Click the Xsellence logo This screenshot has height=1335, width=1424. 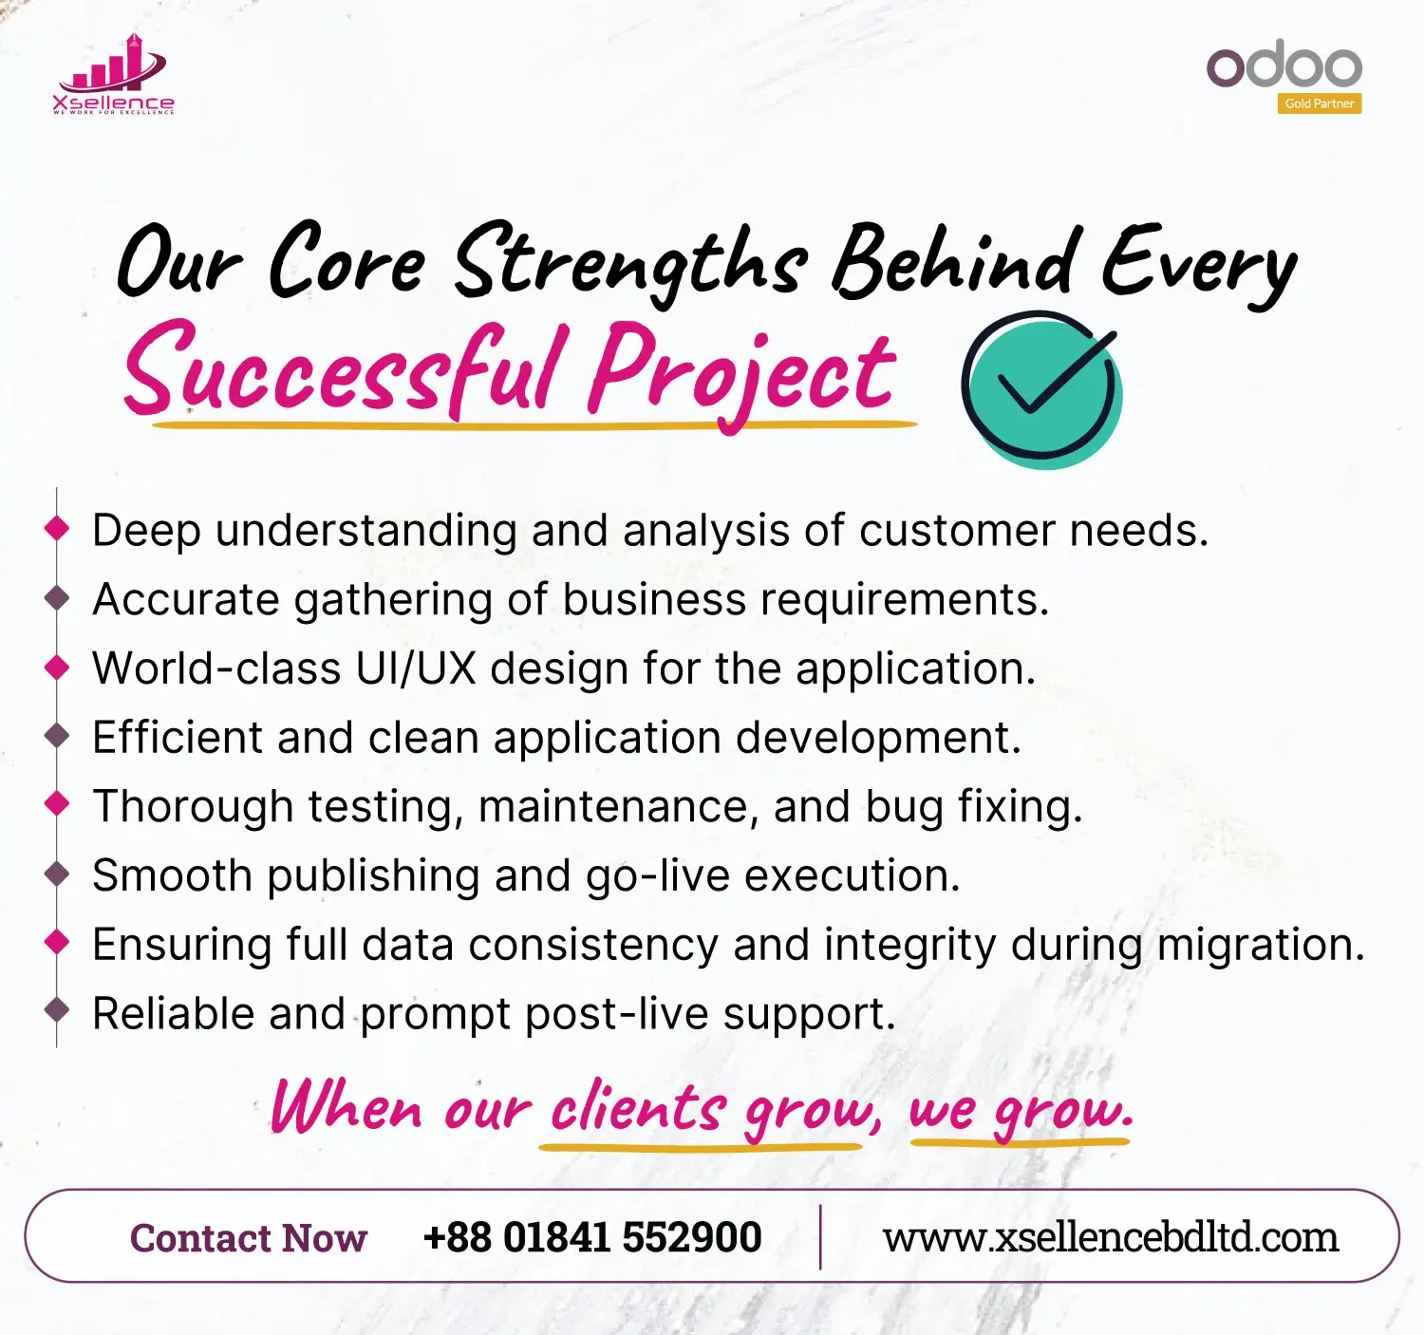113,74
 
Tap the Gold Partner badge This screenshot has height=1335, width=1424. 1320,103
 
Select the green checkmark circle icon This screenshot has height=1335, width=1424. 1041,389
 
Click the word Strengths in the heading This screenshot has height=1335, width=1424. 631,266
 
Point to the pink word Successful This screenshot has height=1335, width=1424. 342,370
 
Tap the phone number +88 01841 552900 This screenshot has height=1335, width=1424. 592,1236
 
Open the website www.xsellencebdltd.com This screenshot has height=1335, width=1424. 1111,1236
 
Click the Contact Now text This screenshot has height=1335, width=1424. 248,1237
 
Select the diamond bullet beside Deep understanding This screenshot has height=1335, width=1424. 57,528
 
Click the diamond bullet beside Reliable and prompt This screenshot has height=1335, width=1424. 57,1010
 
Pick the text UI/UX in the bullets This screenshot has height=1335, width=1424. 416,667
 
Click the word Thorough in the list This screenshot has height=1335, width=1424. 193,806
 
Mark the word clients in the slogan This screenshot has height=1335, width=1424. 639,1104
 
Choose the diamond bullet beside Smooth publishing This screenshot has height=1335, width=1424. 57,873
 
